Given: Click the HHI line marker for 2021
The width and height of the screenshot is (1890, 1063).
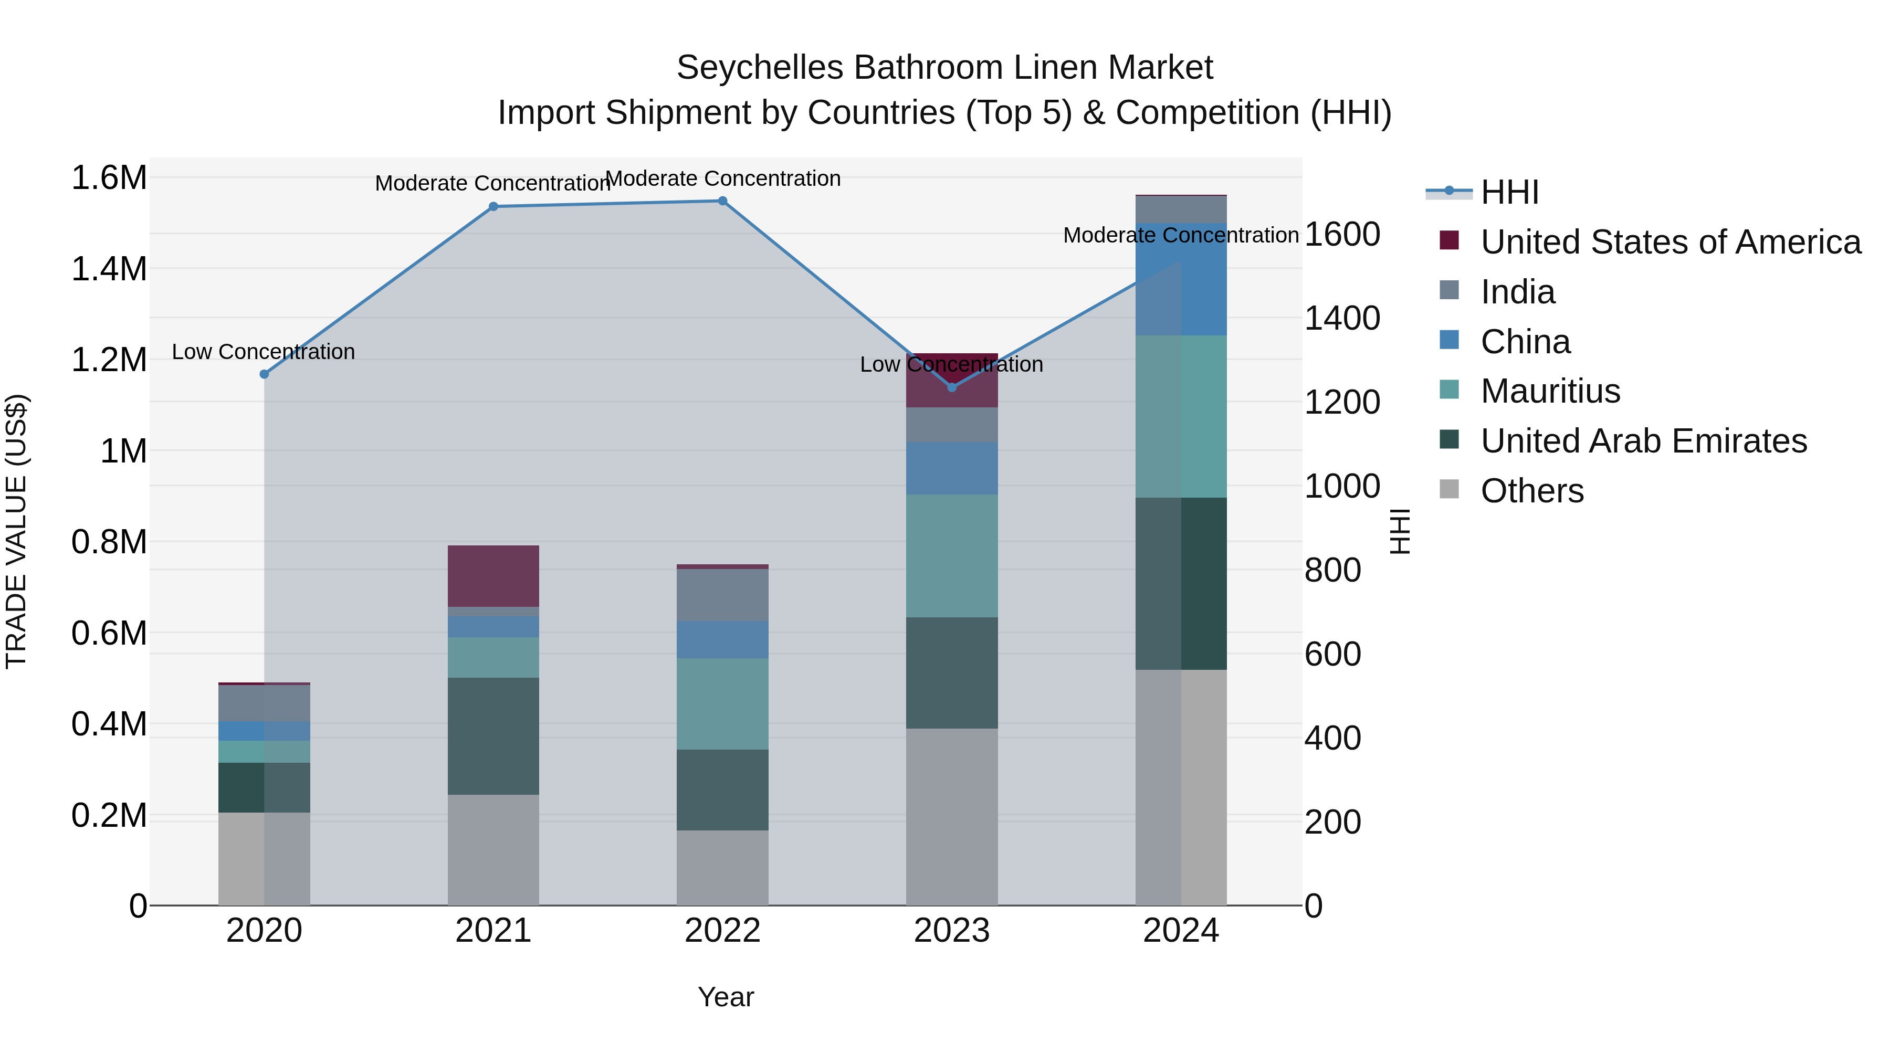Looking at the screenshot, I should (493, 207).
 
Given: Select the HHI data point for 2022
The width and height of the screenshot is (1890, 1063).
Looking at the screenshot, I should (722, 201).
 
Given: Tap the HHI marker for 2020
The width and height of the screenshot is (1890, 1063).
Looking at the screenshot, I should (264, 374).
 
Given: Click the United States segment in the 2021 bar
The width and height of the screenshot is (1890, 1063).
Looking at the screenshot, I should (493, 576).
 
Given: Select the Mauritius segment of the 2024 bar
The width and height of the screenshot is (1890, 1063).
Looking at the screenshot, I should (1181, 417).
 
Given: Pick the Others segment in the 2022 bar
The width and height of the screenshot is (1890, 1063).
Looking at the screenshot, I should (722, 868).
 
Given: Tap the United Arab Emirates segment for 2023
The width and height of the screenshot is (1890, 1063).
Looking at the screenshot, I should (952, 673).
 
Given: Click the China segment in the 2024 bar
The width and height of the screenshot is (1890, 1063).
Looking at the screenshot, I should (1181, 279).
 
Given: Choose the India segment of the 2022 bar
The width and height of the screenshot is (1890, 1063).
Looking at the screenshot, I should (722, 595).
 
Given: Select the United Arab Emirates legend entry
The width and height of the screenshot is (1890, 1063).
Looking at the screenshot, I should (1643, 441).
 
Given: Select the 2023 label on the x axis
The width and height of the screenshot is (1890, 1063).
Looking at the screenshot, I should (952, 931).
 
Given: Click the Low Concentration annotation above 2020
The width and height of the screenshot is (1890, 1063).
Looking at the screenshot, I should (264, 352).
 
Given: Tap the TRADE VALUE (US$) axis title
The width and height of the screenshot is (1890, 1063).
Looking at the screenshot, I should (16, 531).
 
